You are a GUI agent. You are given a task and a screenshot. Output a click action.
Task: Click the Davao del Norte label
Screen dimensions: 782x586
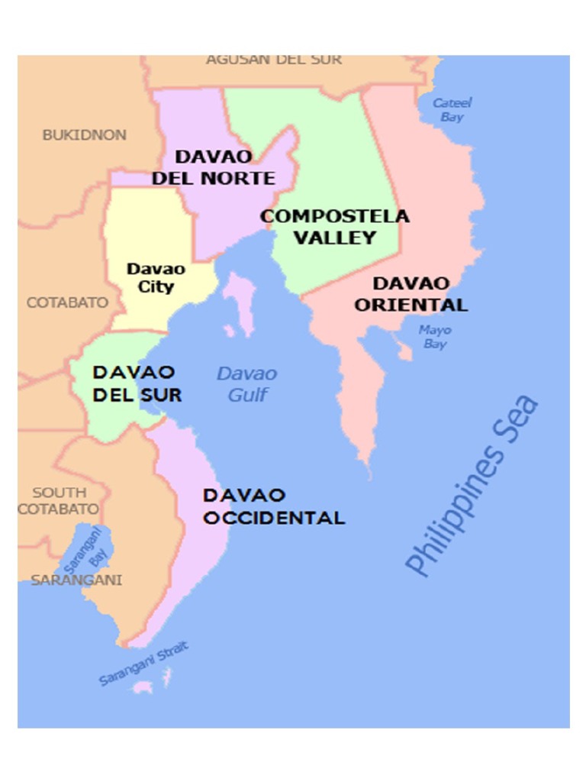pos(213,167)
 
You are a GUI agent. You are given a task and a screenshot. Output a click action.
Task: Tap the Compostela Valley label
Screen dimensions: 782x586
pos(335,227)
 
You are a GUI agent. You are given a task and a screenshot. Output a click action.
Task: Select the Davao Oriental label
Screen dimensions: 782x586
pos(411,294)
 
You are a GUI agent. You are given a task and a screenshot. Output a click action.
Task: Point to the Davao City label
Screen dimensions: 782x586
pos(156,278)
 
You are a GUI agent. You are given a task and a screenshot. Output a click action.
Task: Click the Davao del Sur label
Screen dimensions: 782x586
pos(137,383)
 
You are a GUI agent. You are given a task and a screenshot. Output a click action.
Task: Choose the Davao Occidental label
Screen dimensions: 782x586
pos(273,506)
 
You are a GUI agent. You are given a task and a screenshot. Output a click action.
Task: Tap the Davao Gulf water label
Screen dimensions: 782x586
pos(246,384)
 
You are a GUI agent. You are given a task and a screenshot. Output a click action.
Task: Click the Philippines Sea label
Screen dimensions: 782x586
pos(471,486)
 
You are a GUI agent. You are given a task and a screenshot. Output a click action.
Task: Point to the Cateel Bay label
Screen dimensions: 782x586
pos(452,109)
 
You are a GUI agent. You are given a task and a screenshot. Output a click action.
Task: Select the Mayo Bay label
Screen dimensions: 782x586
pos(435,337)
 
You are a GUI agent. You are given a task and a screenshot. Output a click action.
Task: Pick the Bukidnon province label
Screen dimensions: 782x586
pos(84,135)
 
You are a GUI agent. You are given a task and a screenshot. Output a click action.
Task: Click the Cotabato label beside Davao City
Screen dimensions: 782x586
pos(67,302)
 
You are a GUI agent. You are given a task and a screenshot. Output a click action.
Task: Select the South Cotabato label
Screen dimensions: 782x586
pos(59,501)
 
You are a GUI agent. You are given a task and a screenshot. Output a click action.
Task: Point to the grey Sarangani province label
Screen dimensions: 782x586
pos(76,580)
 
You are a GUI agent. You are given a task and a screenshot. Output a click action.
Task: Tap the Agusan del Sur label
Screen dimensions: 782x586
pos(274,60)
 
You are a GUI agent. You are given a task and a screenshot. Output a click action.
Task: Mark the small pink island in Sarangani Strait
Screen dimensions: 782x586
pos(143,687)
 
